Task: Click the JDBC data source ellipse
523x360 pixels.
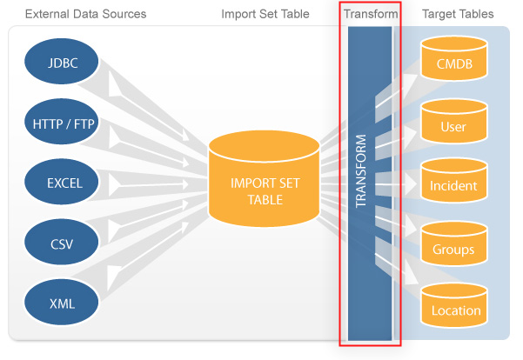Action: click(x=62, y=62)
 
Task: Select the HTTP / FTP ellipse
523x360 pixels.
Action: click(x=62, y=122)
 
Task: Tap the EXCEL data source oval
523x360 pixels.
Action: click(x=62, y=182)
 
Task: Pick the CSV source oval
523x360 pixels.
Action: click(x=62, y=242)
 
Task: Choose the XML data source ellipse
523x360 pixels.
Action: click(x=62, y=302)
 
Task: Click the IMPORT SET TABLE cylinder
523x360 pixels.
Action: click(x=265, y=178)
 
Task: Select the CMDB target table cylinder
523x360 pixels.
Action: click(x=454, y=58)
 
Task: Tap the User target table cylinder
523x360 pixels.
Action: click(x=454, y=122)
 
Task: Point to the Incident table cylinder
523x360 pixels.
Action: click(x=454, y=181)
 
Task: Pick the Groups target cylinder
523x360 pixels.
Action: click(x=454, y=243)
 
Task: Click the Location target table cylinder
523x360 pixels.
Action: click(x=454, y=306)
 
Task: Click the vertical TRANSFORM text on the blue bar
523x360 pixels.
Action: click(x=361, y=171)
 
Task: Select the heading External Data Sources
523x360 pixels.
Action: click(x=86, y=14)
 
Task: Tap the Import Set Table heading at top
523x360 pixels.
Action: click(x=265, y=14)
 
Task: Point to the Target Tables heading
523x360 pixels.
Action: click(x=458, y=14)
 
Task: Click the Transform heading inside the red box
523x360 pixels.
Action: click(x=371, y=14)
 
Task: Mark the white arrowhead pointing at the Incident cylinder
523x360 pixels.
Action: click(x=411, y=183)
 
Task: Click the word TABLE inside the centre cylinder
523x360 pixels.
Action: click(x=265, y=200)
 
